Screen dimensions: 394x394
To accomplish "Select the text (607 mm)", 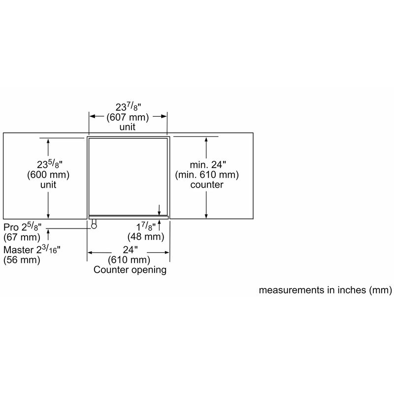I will click(x=129, y=117).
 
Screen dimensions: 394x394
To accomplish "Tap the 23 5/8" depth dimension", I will click(x=48, y=164).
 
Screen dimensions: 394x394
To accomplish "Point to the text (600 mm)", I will click(x=48, y=175).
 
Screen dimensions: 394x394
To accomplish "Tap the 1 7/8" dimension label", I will click(x=146, y=227).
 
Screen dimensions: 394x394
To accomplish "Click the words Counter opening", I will click(x=130, y=270).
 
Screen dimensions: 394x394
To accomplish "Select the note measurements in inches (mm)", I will click(x=325, y=291).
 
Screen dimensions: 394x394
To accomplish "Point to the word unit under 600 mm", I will click(x=48, y=185).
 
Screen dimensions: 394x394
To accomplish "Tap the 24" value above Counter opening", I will click(x=129, y=249).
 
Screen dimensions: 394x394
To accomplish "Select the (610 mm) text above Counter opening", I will click(x=129, y=260).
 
